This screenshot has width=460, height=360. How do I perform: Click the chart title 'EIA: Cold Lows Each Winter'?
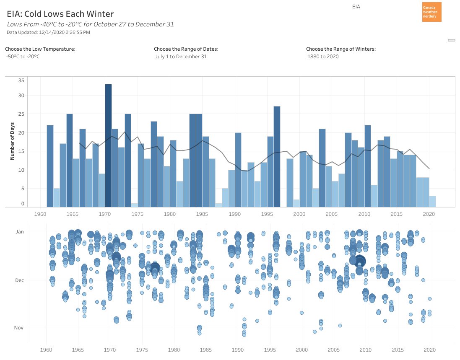pos(60,14)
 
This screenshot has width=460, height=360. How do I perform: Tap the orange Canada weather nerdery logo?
pos(431,12)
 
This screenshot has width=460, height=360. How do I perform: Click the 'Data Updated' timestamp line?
pos(48,32)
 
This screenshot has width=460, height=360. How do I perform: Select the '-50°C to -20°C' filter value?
pos(23,57)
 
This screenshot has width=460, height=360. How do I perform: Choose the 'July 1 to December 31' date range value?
pos(181,57)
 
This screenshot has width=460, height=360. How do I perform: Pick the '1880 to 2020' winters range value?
pos(323,57)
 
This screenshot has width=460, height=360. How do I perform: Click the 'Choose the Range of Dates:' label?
pos(186,49)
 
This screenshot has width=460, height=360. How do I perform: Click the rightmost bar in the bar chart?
pos(432,201)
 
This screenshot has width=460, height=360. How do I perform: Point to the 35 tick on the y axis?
pos(21,80)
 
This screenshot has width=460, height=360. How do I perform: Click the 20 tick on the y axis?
pos(21,133)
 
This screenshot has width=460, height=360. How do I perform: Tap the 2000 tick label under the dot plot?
pos(302,350)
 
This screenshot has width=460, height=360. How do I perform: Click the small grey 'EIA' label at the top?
pos(356,7)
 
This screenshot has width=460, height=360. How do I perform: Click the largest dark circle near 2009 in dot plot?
pos(360,262)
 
